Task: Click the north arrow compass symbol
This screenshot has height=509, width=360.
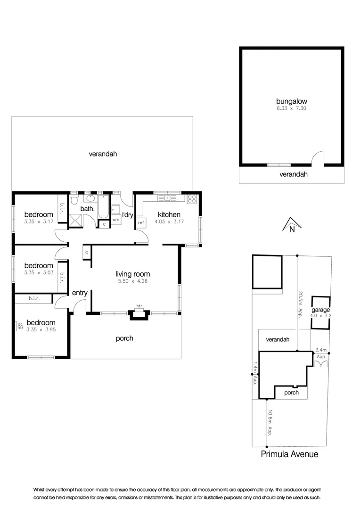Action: point(291,225)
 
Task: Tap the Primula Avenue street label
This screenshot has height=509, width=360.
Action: point(290,454)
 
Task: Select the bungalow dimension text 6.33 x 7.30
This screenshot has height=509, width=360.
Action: point(291,108)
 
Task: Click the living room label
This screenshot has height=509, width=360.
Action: point(133,274)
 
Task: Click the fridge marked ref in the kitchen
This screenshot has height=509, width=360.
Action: point(141,222)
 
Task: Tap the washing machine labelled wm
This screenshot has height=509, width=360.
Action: point(115,220)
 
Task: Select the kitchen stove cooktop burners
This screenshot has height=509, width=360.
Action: point(192,199)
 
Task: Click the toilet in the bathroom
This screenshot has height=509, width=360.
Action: point(74,201)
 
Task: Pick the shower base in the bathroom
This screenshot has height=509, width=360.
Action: point(75,220)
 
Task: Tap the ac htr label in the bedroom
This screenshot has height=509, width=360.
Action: point(20,326)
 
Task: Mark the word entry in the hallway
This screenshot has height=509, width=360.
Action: point(80,293)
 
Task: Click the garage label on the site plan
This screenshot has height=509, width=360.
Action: point(320,310)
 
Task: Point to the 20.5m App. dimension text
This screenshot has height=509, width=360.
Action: point(300,304)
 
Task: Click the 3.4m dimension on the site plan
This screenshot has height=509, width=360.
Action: point(321,350)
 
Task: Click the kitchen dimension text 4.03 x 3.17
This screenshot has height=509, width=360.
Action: point(169,222)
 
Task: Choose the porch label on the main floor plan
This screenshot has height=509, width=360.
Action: point(124,338)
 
